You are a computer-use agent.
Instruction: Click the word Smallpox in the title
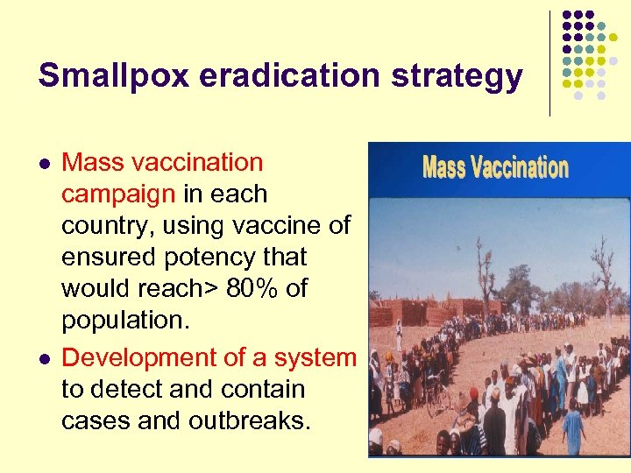click(112, 76)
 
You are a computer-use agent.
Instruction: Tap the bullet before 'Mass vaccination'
click(44, 164)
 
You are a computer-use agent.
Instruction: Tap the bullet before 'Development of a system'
click(44, 359)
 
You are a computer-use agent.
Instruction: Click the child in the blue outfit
click(573, 429)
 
